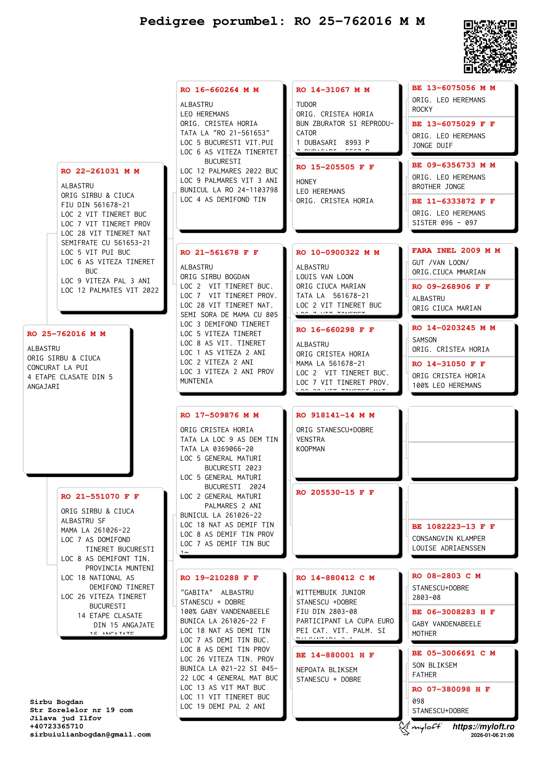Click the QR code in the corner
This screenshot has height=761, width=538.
tap(490, 47)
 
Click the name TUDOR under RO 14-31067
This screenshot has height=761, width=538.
tap(306, 105)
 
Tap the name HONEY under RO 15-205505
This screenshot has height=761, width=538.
tap(306, 182)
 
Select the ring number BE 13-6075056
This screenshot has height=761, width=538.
tap(453, 88)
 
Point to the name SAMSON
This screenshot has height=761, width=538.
tap(424, 340)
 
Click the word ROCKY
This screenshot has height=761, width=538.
tap(423, 110)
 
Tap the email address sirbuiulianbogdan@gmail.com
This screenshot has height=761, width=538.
tap(90, 735)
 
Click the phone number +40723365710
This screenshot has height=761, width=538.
tap(57, 726)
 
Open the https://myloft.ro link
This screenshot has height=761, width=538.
tap(483, 727)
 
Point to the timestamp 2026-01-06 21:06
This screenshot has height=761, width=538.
tap(492, 735)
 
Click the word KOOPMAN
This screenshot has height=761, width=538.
tap(310, 449)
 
